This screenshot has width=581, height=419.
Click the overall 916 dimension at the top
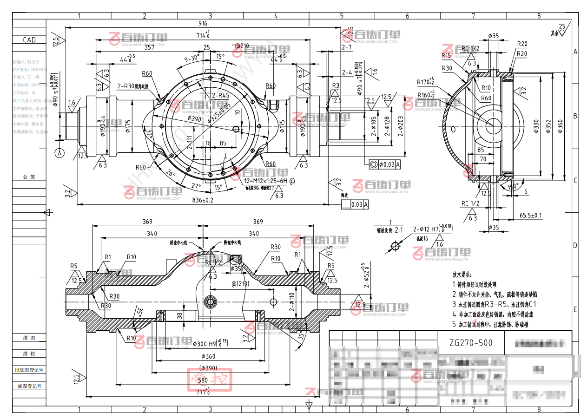pos(203,23)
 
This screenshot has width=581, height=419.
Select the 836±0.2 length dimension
pos(202,200)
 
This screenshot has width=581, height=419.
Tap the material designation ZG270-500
pos(470,344)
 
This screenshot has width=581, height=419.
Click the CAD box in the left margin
pos(29,40)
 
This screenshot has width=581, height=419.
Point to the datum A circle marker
pos(59,152)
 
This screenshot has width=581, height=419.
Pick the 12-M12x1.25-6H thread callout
pos(266,180)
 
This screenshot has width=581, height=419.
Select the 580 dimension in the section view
pos(203,380)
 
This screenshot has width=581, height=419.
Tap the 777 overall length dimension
pos(202,392)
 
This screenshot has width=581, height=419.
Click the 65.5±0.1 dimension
pos(530,216)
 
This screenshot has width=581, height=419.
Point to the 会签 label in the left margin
pos(29,177)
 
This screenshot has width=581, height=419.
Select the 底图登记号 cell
pos(29,386)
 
